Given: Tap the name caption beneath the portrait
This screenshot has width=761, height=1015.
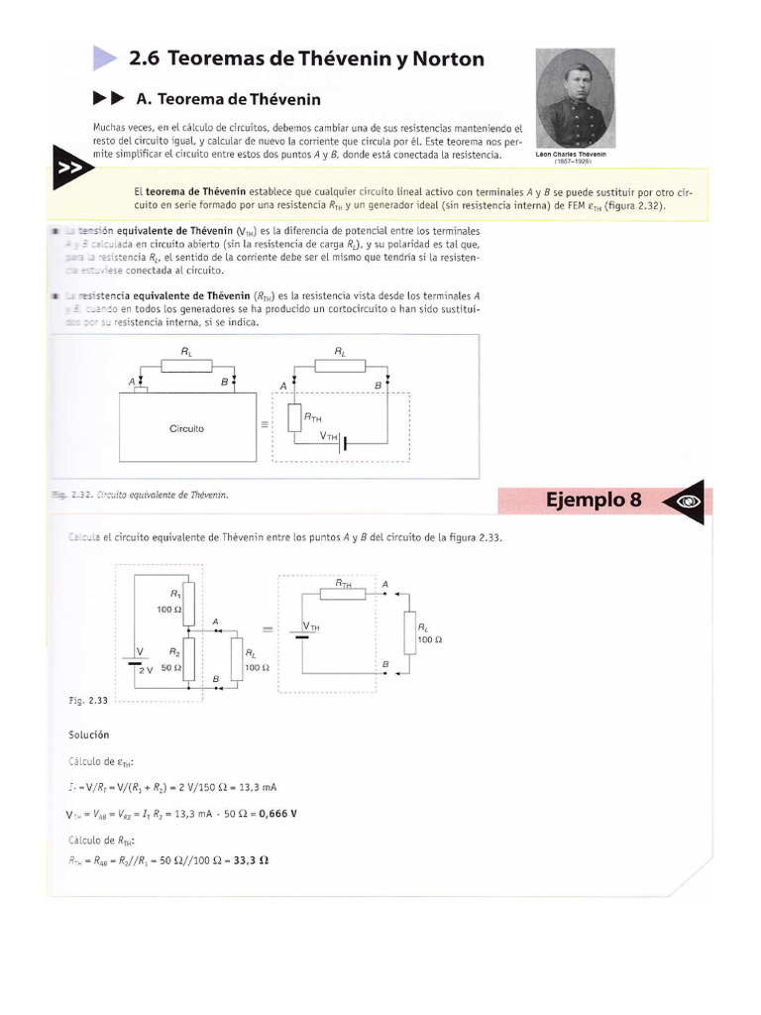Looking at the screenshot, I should pyautogui.click(x=576, y=155).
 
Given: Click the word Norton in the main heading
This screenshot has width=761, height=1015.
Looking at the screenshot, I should pyautogui.click(x=445, y=59).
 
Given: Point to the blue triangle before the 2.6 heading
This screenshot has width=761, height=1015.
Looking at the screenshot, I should pyautogui.click(x=105, y=58).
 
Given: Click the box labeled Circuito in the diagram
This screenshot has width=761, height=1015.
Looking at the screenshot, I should pyautogui.click(x=186, y=428).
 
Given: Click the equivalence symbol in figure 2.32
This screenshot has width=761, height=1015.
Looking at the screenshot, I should pyautogui.click(x=264, y=424).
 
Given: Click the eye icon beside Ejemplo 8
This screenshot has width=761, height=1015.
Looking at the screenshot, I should pyautogui.click(x=688, y=502).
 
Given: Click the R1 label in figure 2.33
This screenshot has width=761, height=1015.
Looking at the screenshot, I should pyautogui.click(x=175, y=593).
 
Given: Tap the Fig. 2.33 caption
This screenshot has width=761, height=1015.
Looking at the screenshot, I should pyautogui.click(x=89, y=700).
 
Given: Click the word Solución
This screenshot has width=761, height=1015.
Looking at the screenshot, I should pyautogui.click(x=88, y=734).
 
